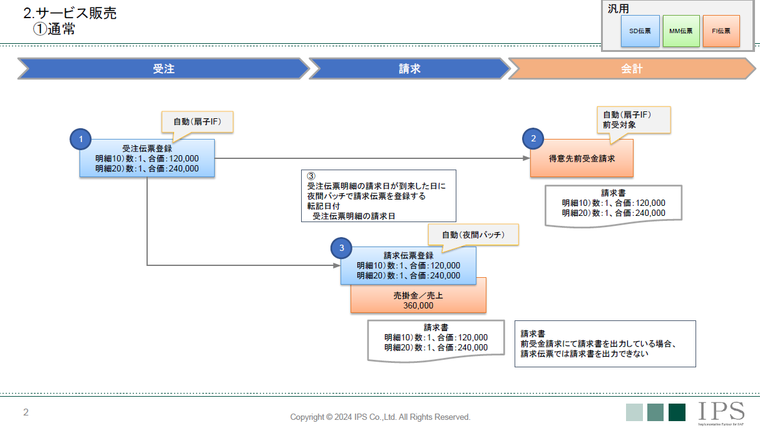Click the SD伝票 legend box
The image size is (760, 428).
click(x=640, y=31)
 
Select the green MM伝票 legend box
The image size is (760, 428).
click(x=680, y=31)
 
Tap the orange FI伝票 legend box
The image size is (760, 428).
click(x=721, y=31)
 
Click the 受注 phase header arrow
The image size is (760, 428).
click(x=163, y=69)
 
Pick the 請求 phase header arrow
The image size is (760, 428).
click(x=409, y=69)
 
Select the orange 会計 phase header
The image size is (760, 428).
click(x=632, y=69)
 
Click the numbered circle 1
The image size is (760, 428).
click(x=81, y=139)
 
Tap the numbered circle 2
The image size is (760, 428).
click(x=533, y=139)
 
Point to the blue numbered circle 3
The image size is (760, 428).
click(x=341, y=248)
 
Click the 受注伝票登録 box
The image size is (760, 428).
click(x=147, y=158)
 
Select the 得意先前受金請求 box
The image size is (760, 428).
click(x=582, y=158)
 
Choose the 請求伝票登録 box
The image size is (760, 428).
click(x=408, y=266)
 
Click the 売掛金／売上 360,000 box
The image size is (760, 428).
click(x=418, y=300)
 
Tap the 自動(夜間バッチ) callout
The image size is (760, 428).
click(x=473, y=235)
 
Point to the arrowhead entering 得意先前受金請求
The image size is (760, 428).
click(x=526, y=158)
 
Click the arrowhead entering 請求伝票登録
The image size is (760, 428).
click(x=336, y=265)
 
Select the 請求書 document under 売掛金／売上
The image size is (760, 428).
click(x=436, y=339)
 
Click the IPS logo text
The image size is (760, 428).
click(x=721, y=411)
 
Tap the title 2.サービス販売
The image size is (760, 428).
click(x=69, y=13)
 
